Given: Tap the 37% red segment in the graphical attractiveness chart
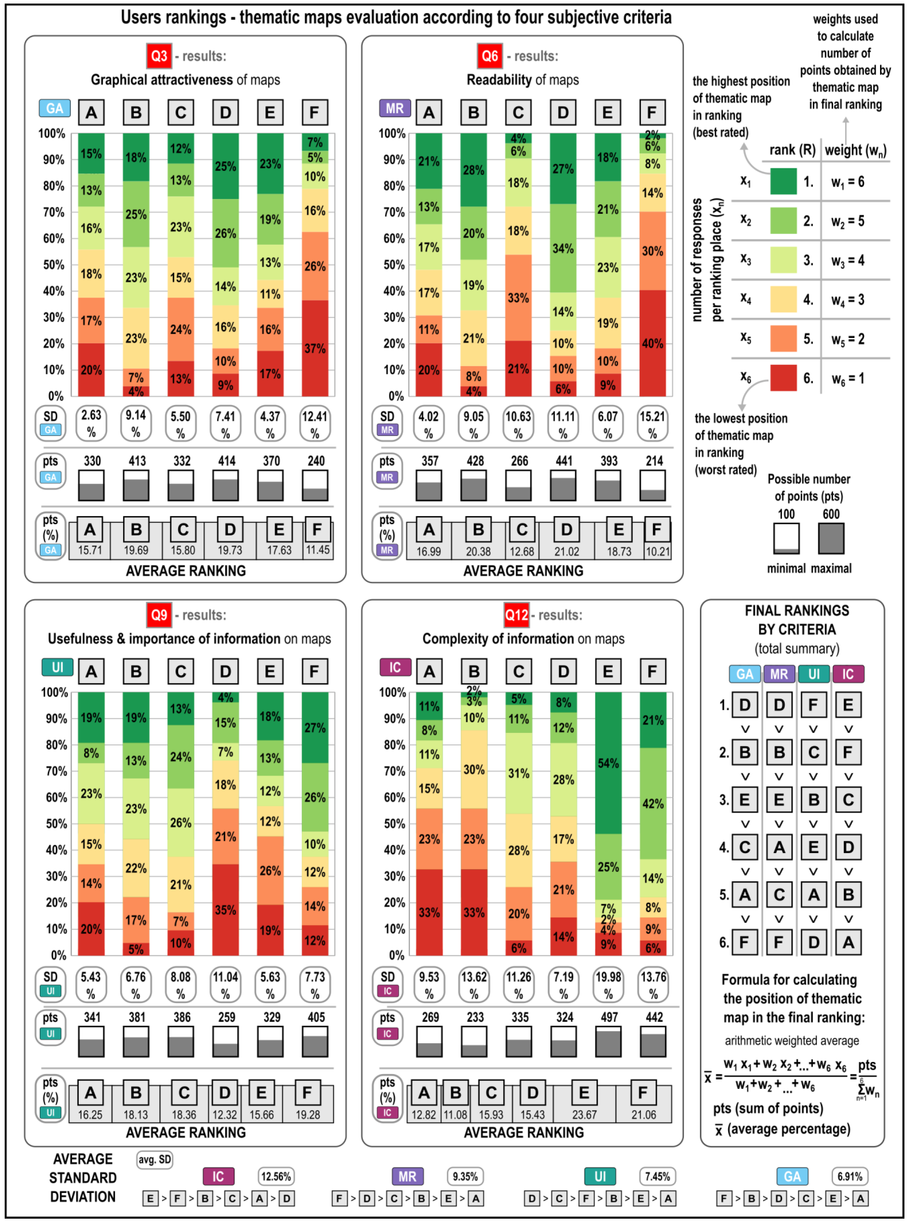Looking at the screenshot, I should pos(315,348).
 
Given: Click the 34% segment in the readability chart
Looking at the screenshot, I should pos(563,248).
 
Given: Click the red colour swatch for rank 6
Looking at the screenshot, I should pos(783,378).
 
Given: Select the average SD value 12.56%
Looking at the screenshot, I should pos(276,1176).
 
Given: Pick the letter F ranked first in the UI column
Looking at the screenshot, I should pos(813,705).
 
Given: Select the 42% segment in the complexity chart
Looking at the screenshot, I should pos(653,803).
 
